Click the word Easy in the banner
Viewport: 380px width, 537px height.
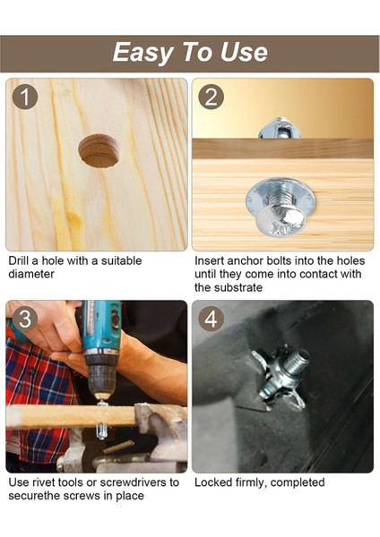tap(142, 53)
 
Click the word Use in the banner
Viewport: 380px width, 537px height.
tap(244, 52)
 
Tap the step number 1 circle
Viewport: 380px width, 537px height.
tap(25, 98)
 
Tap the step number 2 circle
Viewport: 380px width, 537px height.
tap(211, 97)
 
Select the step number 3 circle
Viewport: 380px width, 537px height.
tap(25, 319)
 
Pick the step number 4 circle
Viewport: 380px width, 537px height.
tap(211, 319)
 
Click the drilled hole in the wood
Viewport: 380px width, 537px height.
tap(99, 151)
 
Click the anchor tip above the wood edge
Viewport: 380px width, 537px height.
tap(280, 128)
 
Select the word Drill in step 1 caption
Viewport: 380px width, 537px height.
tap(19, 260)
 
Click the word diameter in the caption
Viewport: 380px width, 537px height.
tap(31, 274)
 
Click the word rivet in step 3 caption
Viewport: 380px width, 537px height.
tap(43, 482)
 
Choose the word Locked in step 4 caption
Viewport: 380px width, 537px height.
tap(213, 482)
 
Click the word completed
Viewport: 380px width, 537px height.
tap(298, 483)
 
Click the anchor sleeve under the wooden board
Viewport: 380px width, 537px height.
tap(102, 432)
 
